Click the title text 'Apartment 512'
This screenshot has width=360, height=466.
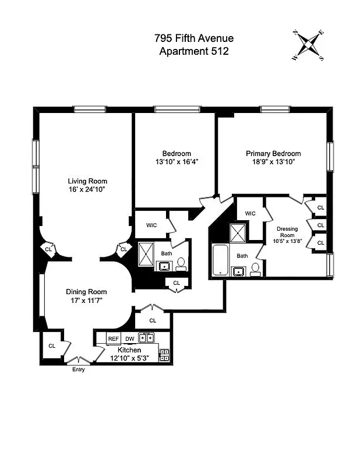pos(194,51)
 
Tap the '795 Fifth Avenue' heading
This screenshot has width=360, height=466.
pos(194,38)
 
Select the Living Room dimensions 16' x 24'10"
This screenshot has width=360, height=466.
pos(87,189)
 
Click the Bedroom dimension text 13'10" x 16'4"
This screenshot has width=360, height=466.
pos(177,162)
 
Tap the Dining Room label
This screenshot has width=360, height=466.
pos(86,292)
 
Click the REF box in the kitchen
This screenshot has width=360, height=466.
pos(113,338)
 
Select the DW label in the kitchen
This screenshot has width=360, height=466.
pos(129,338)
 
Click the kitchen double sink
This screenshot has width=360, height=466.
pos(146,338)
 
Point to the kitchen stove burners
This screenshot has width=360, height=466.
pos(164,354)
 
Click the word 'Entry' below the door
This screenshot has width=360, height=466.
pos(78,369)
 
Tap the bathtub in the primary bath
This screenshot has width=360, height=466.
pos(221,260)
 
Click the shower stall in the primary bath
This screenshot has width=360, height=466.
pos(238,233)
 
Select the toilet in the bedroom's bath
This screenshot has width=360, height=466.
pos(181,264)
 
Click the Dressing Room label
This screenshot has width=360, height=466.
pos(287,232)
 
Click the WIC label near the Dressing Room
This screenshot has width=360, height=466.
pos(250,214)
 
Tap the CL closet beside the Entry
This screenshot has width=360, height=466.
pos(51,346)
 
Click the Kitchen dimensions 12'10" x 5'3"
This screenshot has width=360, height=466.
pos(129,358)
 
